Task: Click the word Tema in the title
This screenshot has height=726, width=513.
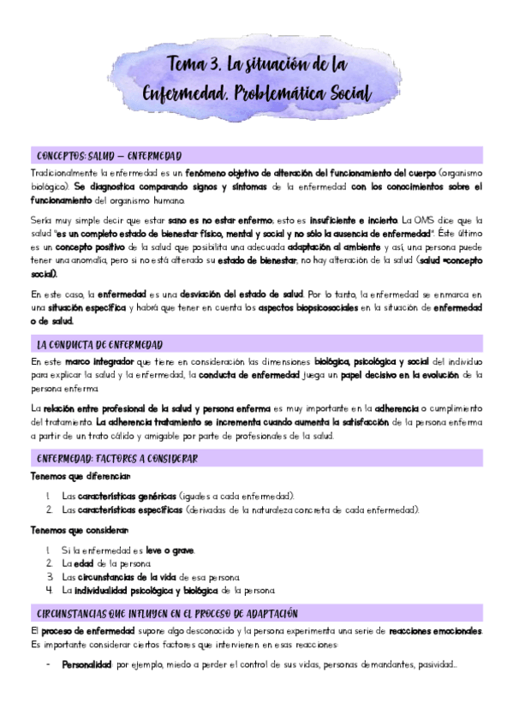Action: click(x=186, y=65)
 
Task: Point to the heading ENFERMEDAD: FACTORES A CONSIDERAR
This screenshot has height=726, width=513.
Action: click(x=117, y=459)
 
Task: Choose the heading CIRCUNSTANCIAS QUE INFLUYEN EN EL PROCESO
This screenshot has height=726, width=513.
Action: click(x=167, y=614)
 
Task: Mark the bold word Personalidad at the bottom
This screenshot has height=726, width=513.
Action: click(x=87, y=664)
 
